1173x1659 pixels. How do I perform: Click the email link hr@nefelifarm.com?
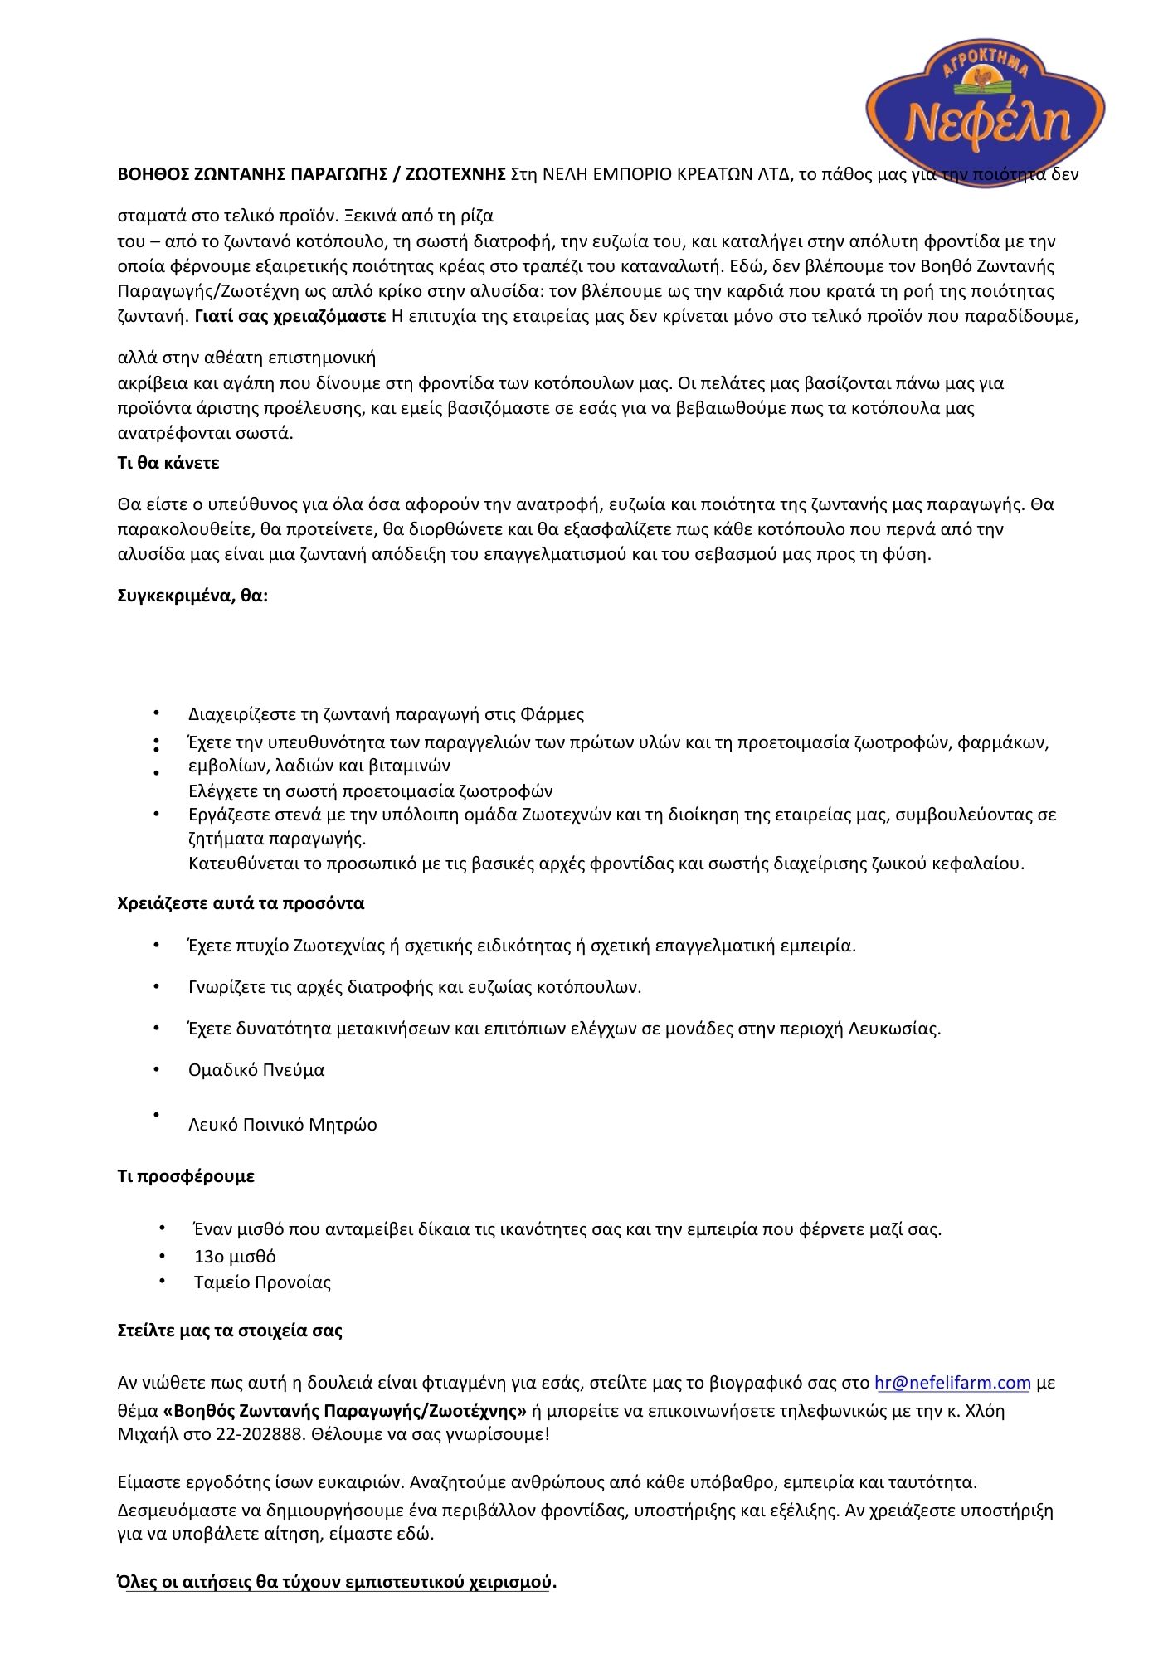point(952,1383)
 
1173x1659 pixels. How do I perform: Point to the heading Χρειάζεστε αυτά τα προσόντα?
point(241,902)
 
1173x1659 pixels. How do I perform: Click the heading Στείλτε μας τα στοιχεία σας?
point(230,1331)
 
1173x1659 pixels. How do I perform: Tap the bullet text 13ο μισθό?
point(235,1256)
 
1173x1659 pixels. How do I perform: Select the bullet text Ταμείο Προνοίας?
point(262,1282)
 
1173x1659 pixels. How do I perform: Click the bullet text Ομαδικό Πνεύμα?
point(256,1070)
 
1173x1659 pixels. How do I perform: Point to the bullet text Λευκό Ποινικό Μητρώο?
point(282,1125)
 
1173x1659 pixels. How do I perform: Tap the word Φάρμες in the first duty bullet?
point(553,714)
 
